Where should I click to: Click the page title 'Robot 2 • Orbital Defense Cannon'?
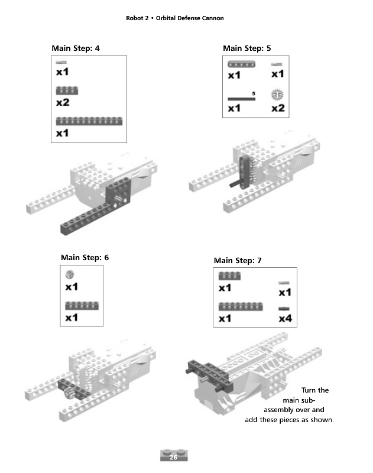click(175, 18)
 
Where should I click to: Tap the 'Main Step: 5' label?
click(246, 48)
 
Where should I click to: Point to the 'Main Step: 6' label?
click(85, 258)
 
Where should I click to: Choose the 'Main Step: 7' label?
click(238, 261)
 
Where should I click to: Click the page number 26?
click(173, 458)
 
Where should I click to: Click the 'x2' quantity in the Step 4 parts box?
click(63, 102)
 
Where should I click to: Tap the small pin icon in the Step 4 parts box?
click(61, 63)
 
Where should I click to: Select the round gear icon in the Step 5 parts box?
click(277, 95)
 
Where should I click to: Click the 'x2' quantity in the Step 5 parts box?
click(278, 108)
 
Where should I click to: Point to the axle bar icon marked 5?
click(241, 98)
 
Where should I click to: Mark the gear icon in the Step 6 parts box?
click(71, 275)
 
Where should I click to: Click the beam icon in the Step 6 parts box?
click(82, 305)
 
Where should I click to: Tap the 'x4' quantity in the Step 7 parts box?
click(285, 319)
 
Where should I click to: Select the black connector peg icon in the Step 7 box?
click(284, 309)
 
